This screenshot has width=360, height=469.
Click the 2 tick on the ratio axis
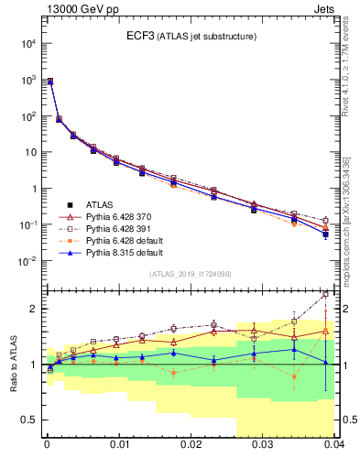[37, 309]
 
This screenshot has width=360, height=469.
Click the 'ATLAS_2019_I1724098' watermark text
[190, 274]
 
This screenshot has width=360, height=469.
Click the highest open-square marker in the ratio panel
[326, 295]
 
